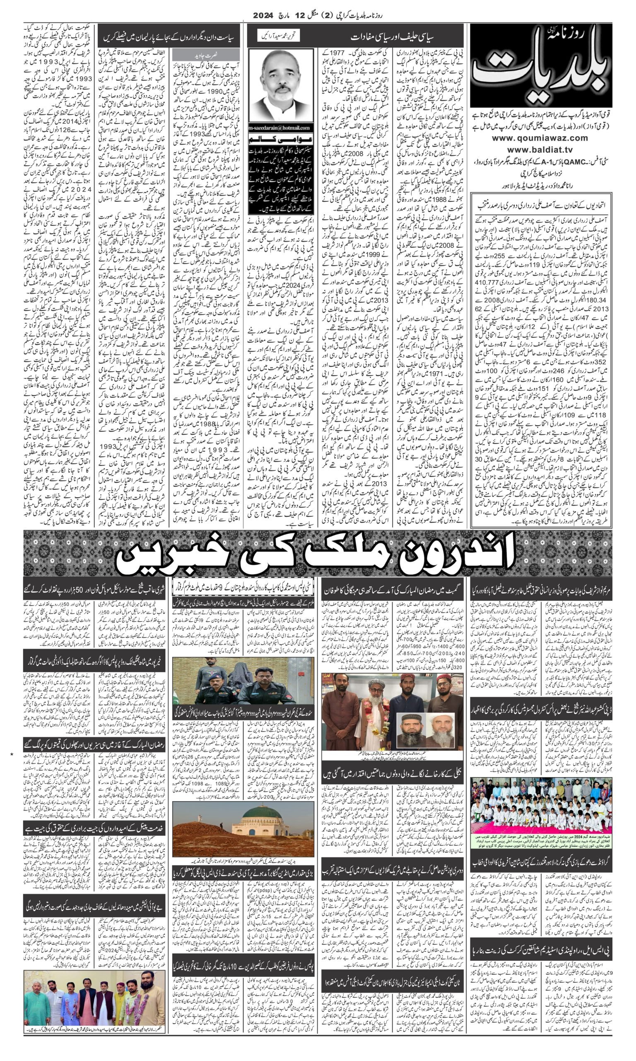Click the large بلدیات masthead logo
[541, 66]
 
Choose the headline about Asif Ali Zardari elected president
[541, 205]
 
